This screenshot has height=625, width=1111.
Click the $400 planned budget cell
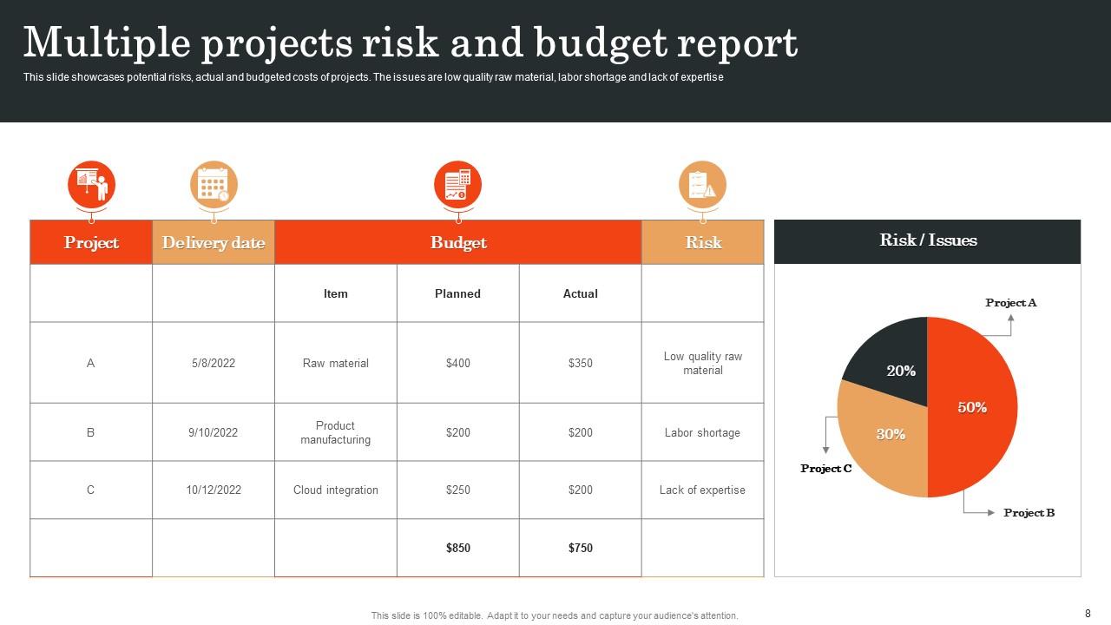click(457, 363)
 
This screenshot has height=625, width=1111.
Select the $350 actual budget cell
click(580, 363)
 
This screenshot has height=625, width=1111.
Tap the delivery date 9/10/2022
click(213, 432)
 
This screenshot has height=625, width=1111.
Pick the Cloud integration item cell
click(336, 490)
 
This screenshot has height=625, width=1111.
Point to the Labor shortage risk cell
click(702, 432)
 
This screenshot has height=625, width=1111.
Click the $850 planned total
click(457, 548)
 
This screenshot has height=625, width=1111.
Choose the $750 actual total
click(580, 548)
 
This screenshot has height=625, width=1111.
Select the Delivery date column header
click(213, 242)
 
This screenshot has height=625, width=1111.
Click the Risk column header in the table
click(703, 242)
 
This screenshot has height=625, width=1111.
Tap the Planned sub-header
click(457, 293)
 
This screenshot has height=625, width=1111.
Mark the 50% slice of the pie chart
click(972, 407)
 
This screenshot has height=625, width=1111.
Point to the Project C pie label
click(825, 469)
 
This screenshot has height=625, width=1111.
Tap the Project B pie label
click(1029, 513)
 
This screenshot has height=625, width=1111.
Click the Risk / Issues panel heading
click(928, 240)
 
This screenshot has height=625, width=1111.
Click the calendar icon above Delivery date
click(213, 184)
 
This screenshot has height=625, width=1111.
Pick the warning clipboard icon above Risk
click(702, 184)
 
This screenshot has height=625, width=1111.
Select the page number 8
click(1088, 613)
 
